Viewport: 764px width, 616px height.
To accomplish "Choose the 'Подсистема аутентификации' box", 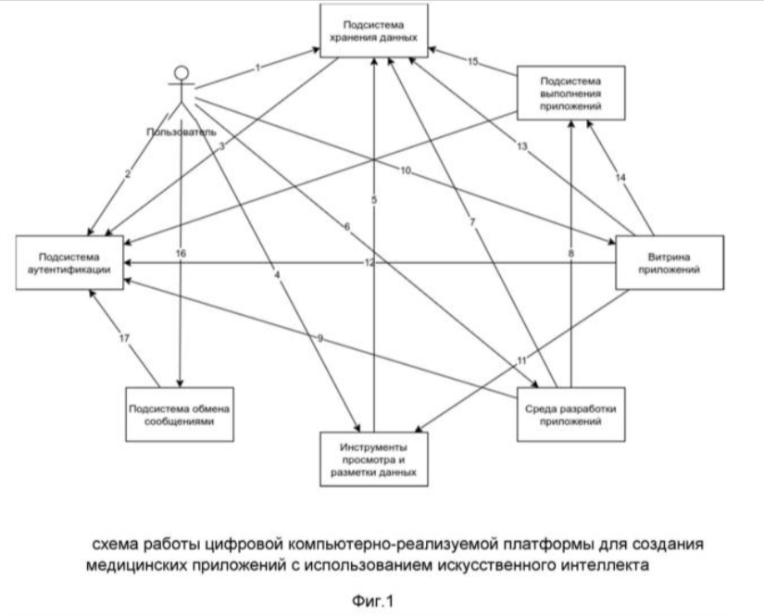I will coord(70,260).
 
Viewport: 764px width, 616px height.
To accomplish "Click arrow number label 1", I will coord(258,67).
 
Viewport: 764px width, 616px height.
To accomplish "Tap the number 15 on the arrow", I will coord(472,62).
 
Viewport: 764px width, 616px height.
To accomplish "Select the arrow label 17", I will coord(122,337).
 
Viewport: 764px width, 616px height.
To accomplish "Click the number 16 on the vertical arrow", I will coord(182,252).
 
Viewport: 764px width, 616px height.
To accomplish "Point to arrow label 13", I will coord(521,148).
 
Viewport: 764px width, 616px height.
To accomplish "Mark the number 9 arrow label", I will coord(320,339).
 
